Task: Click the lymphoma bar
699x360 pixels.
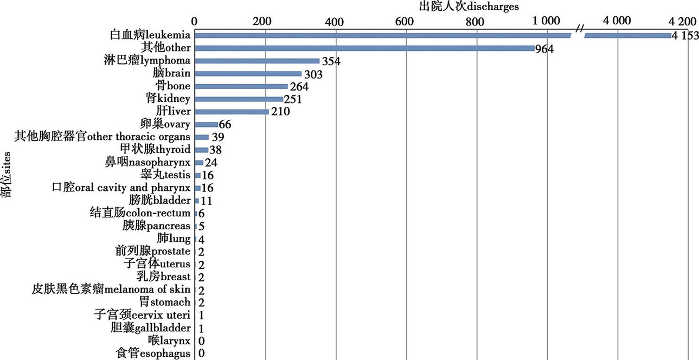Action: tap(257, 61)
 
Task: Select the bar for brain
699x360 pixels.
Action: tap(248, 74)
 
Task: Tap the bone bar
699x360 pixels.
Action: tap(241, 86)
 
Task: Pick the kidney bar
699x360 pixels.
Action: tap(239, 99)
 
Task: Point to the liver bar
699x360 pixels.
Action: tap(232, 112)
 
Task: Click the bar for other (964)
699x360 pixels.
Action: tap(364, 48)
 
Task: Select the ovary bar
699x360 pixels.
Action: tap(206, 125)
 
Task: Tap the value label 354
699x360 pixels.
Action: tap(331, 61)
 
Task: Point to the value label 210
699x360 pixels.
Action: tap(281, 112)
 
